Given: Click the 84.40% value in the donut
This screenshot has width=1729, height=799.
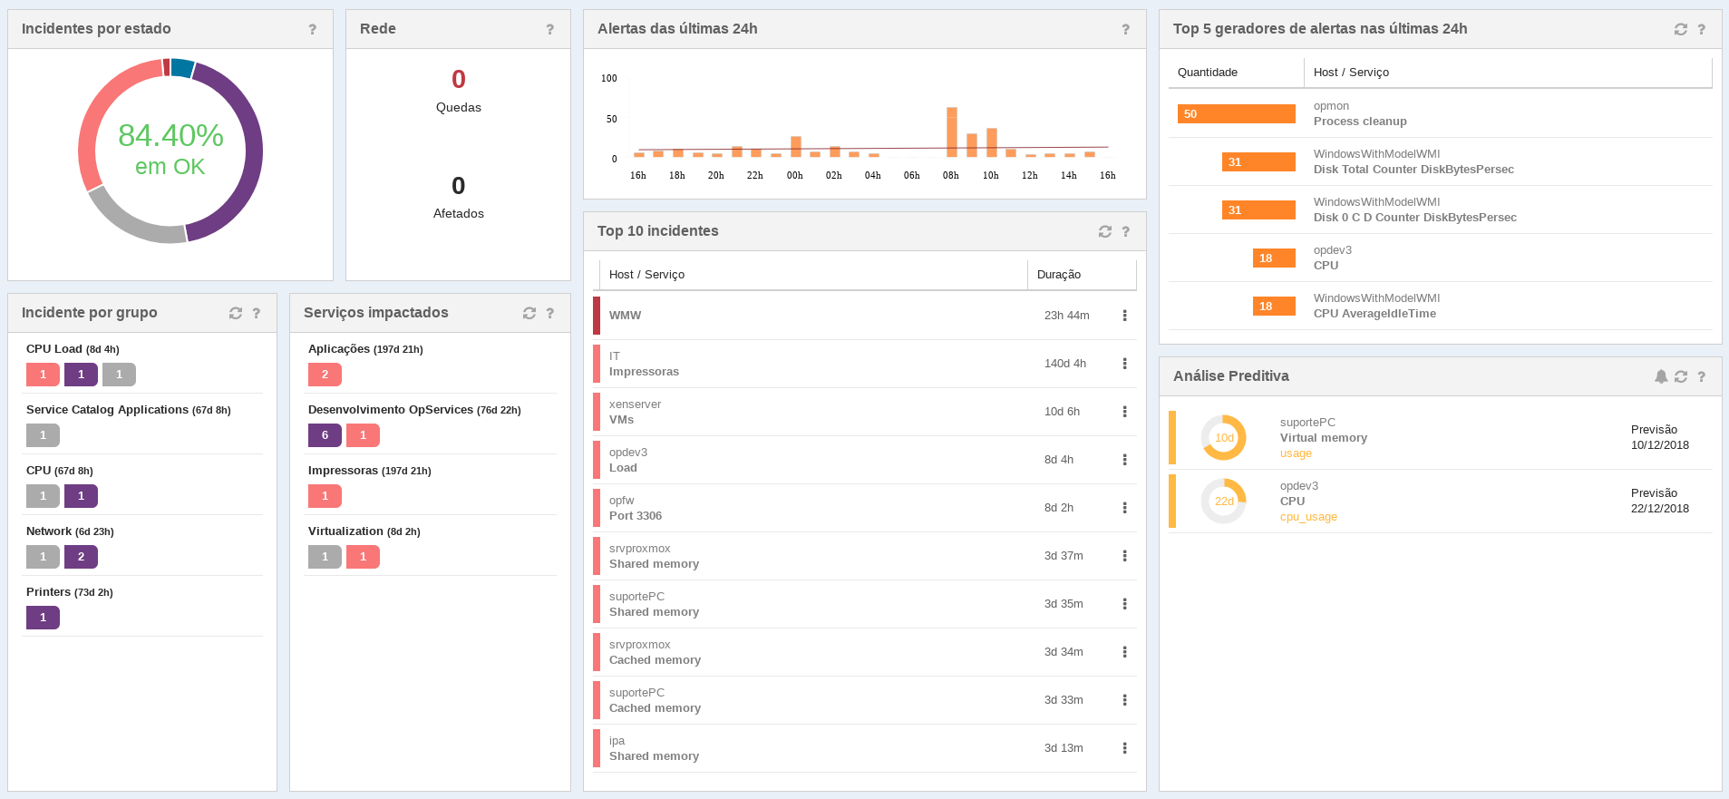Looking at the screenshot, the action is pyautogui.click(x=170, y=136).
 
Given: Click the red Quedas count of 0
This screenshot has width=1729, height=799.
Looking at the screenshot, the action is pyautogui.click(x=459, y=80).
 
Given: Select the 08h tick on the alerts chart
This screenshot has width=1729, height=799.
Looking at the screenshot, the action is pyautogui.click(x=950, y=176).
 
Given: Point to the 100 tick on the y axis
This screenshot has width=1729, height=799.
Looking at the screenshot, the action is pyautogui.click(x=609, y=79).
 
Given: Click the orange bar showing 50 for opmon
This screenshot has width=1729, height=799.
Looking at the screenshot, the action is pyautogui.click(x=1236, y=113).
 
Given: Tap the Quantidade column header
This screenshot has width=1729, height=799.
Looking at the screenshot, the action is pyautogui.click(x=1207, y=73).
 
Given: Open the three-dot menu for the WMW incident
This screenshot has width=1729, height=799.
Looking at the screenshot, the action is pyautogui.click(x=1124, y=316).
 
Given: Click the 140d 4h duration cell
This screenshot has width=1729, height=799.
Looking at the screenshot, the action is pyautogui.click(x=1065, y=364).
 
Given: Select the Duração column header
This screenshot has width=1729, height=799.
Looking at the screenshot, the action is pyautogui.click(x=1059, y=275).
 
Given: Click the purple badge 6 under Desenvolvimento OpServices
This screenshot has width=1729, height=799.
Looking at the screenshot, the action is pyautogui.click(x=325, y=435).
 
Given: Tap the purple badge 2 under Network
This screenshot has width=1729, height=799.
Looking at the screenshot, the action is pyautogui.click(x=81, y=557).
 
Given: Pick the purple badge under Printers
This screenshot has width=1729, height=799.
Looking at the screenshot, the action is pyautogui.click(x=43, y=618).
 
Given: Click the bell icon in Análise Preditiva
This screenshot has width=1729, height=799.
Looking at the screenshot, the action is pyautogui.click(x=1660, y=376).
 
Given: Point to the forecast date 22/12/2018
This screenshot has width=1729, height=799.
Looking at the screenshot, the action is pyautogui.click(x=1659, y=509).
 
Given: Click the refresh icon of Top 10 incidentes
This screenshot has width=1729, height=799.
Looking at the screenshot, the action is pyautogui.click(x=1104, y=231).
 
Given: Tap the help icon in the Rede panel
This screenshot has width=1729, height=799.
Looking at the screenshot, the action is pyautogui.click(x=549, y=29).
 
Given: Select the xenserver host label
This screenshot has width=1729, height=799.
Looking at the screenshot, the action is pyautogui.click(x=635, y=404).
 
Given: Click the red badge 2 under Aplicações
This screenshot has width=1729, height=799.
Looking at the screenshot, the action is pyautogui.click(x=325, y=375).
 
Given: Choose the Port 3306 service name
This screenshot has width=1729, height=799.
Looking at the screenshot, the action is pyautogui.click(x=636, y=516).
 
